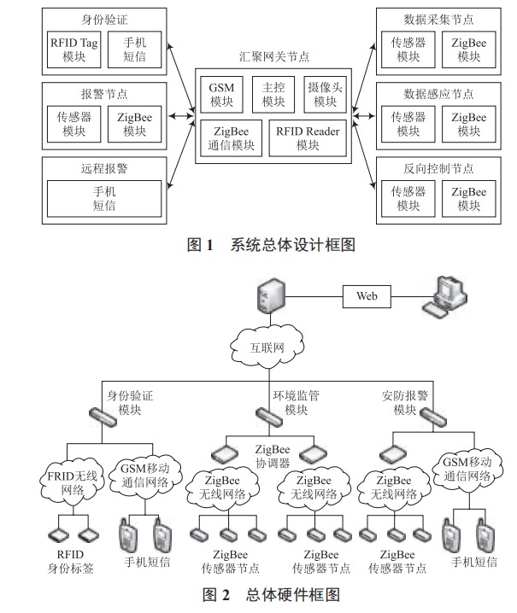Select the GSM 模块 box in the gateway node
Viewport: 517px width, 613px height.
(x=222, y=95)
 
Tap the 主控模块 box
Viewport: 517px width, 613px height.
(x=273, y=95)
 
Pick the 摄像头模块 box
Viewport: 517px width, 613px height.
(x=325, y=95)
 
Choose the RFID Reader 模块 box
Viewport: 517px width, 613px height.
(x=307, y=138)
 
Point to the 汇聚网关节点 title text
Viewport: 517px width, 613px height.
(x=273, y=57)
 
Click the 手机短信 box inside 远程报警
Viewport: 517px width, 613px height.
(x=104, y=198)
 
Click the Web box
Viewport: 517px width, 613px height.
(x=367, y=296)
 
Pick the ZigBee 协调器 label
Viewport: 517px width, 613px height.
(x=274, y=456)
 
